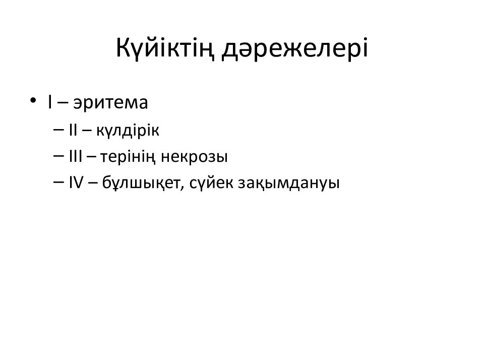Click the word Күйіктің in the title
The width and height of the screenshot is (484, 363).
click(x=167, y=48)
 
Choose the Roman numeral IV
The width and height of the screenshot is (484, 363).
click(x=76, y=184)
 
